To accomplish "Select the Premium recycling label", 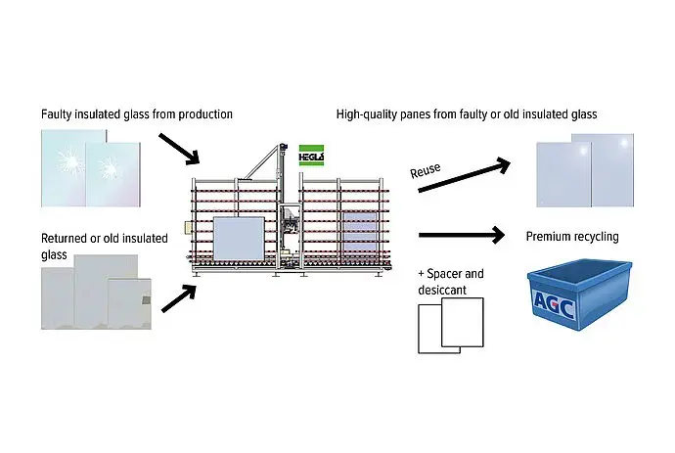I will coord(572,237).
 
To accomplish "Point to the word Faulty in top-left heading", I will coord(58,114).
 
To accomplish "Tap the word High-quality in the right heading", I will coord(370,114).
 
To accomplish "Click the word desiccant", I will coord(443,290).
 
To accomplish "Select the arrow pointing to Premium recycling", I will coord(460,236).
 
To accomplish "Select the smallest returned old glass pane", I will coord(129,301).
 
